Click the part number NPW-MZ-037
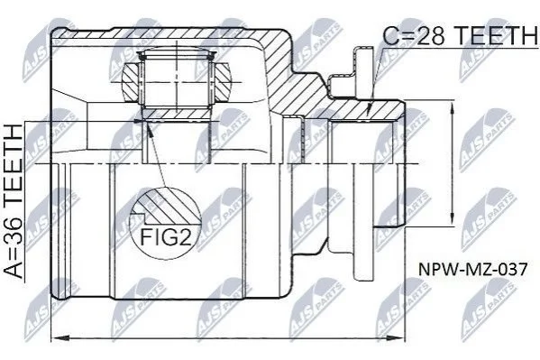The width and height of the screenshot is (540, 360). (x=472, y=269)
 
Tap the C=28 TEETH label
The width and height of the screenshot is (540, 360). (x=460, y=36)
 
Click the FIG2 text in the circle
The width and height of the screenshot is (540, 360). (x=166, y=236)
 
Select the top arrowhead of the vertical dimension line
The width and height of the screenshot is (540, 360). (x=452, y=106)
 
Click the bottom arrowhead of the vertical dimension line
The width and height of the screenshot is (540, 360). (x=452, y=221)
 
